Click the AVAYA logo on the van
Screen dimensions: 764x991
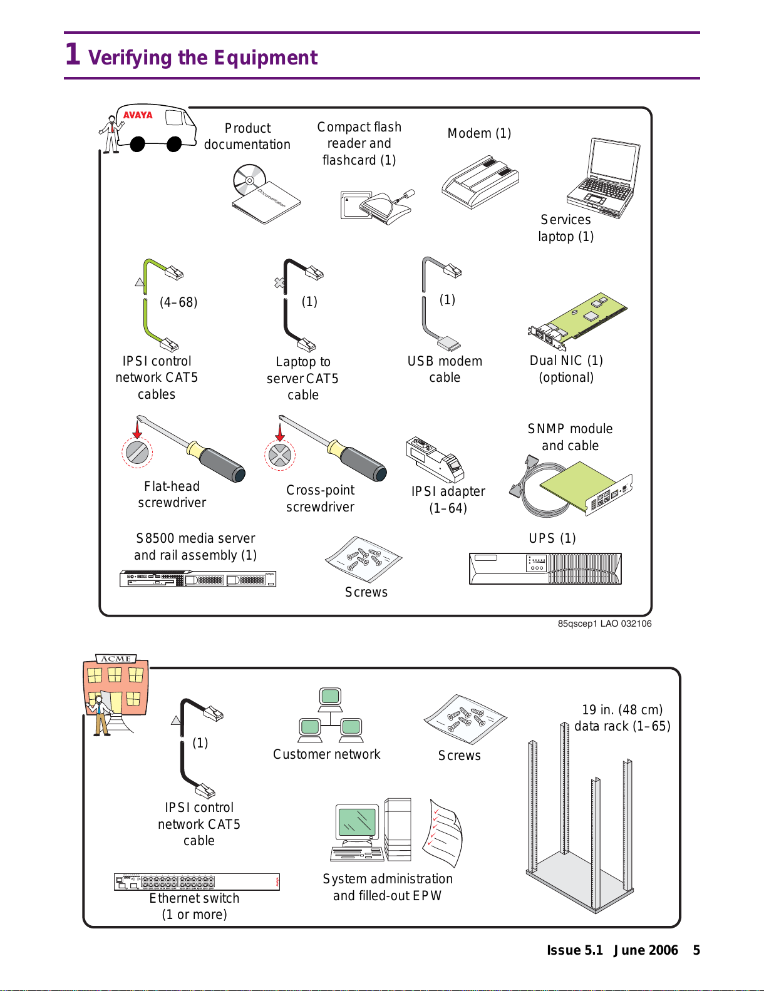(138, 115)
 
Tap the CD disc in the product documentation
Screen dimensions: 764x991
(249, 180)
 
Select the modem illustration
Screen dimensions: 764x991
(480, 182)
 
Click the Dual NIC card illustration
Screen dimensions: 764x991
(577, 321)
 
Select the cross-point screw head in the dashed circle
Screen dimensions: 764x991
(279, 454)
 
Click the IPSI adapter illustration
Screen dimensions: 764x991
(435, 460)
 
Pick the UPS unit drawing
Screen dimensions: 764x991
(545, 568)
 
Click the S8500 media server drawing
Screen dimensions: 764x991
(197, 578)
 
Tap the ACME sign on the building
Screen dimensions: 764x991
(116, 659)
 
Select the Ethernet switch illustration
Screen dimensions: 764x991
(197, 882)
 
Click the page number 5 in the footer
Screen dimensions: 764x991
(696, 950)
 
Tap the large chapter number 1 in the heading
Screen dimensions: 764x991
(73, 54)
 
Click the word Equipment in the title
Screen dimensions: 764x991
(266, 58)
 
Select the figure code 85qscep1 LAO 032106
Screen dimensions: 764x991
(604, 624)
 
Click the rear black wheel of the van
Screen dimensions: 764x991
(137, 144)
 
